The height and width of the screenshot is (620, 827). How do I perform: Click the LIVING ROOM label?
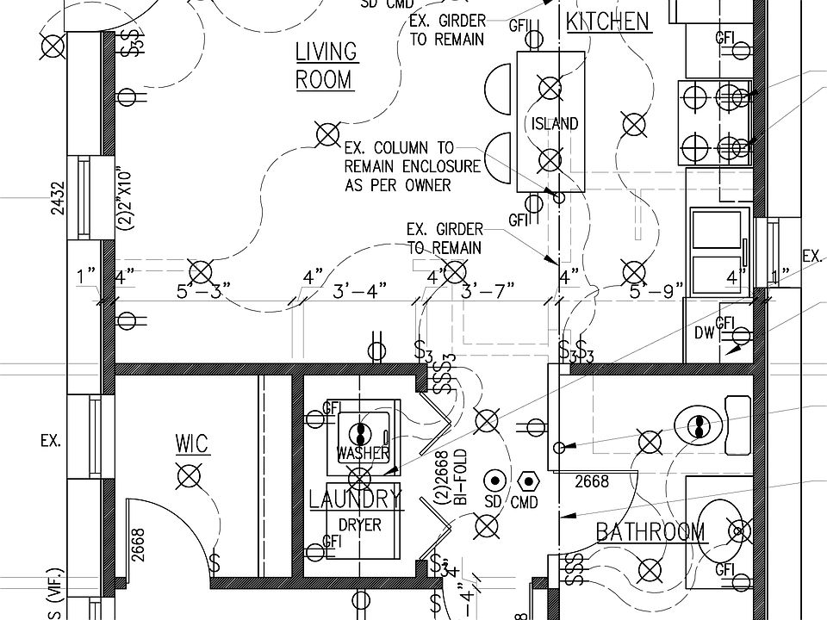(325, 65)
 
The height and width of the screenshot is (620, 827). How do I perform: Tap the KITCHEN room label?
(608, 22)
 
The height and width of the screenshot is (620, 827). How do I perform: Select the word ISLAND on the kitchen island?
(554, 124)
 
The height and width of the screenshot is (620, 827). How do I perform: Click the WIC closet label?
(191, 445)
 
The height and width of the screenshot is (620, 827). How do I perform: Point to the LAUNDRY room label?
(355, 499)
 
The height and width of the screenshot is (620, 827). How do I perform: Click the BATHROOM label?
(650, 532)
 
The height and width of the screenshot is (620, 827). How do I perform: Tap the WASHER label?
(363, 453)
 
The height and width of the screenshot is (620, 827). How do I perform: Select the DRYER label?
(359, 524)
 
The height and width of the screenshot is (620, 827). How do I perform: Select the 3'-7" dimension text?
(488, 290)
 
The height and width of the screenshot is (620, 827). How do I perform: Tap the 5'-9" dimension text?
(656, 290)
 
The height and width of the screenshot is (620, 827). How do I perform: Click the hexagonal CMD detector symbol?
(529, 479)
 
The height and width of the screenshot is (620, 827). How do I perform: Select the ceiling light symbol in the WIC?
(188, 474)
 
